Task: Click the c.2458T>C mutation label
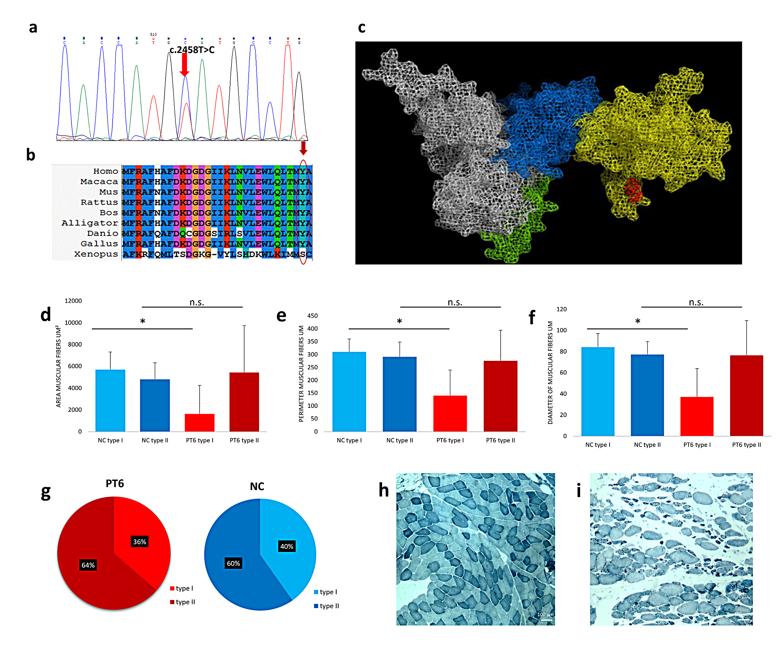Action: pos(192,50)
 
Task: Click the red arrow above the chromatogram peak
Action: pos(184,65)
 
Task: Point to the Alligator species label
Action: pos(90,223)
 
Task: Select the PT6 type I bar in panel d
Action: pos(199,422)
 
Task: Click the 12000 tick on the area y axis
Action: pos(73,301)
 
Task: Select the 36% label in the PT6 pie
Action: pos(140,542)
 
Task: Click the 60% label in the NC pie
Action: pos(233,563)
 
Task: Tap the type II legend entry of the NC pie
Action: pos(327,606)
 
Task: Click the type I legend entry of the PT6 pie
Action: pos(182,588)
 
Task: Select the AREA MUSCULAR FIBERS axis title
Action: pos(58,366)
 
